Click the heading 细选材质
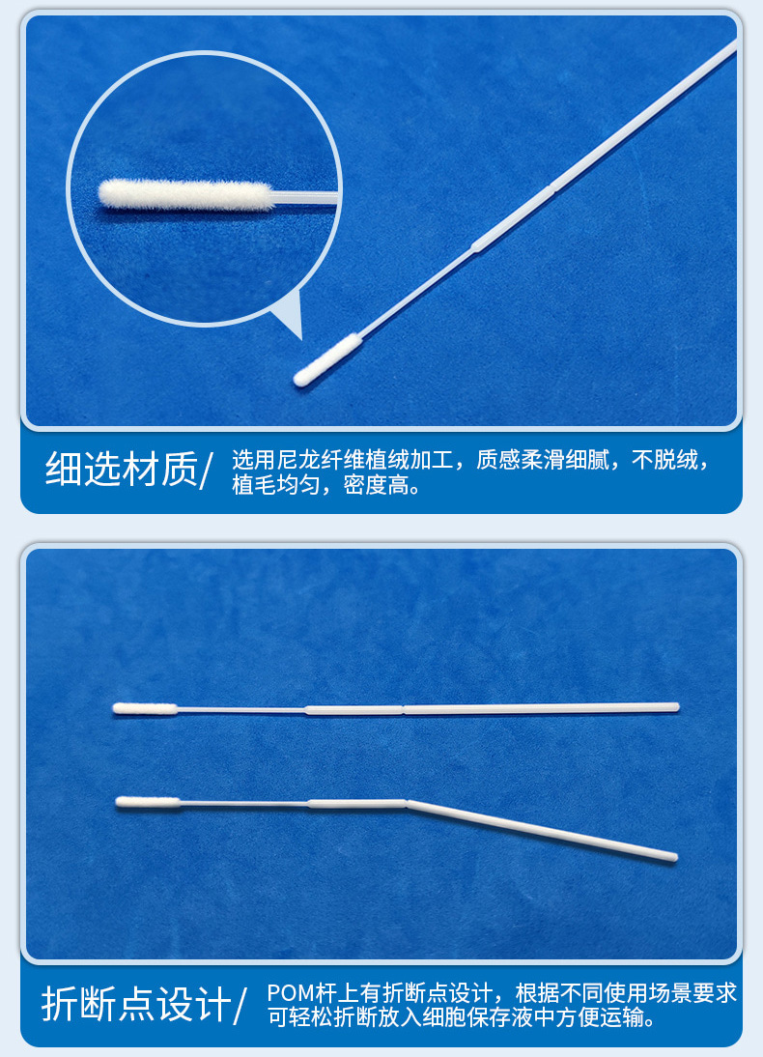(120, 470)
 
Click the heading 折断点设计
(136, 1004)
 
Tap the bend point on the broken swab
(407, 802)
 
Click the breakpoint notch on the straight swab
(403, 711)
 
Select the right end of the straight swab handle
(675, 707)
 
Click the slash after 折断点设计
(242, 1005)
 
